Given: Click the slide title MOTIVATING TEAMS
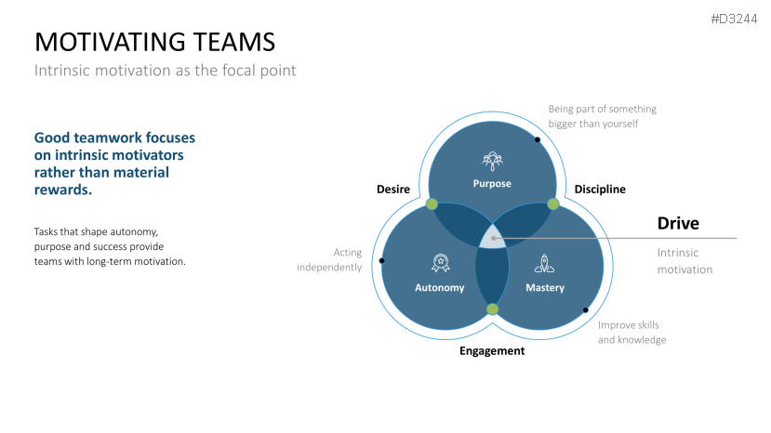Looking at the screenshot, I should (154, 42).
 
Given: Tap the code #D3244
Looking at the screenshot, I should (734, 20).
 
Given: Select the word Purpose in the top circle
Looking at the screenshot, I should (492, 183).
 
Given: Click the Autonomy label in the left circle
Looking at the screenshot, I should (439, 287).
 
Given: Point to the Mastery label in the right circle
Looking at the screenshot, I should (545, 287).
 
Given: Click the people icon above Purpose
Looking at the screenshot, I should (492, 160).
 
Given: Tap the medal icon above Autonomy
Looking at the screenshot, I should (439, 263).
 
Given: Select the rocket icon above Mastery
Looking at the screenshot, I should (545, 263).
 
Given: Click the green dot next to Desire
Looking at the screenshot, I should (432, 203).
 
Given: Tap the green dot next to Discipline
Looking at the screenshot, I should (552, 203).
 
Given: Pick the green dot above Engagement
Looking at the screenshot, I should (492, 309).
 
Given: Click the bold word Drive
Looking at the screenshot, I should (678, 223).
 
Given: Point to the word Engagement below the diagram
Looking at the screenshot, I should (492, 350).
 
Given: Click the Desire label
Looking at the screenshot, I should (393, 190).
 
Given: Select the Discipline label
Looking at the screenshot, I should (600, 190).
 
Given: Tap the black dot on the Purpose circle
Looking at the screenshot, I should (538, 139).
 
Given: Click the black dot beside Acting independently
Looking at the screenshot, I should (383, 260).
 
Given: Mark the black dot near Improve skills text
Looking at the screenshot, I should (586, 309).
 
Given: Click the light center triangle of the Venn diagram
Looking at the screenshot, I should (491, 236).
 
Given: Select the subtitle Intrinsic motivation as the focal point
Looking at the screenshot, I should (166, 71).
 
